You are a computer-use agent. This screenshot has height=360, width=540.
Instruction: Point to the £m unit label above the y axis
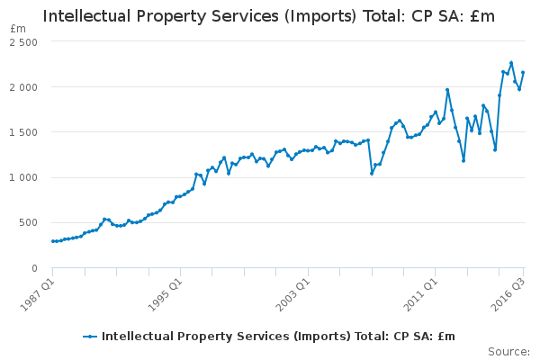click(x=18, y=29)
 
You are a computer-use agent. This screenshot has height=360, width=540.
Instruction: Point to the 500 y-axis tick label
click(x=28, y=222)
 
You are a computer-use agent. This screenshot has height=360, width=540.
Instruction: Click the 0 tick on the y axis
click(x=33, y=267)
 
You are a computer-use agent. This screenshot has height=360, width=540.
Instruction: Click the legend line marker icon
click(x=90, y=337)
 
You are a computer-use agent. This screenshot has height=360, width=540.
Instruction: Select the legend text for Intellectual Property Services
click(x=278, y=337)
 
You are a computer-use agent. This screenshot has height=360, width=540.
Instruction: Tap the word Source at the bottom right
click(x=508, y=351)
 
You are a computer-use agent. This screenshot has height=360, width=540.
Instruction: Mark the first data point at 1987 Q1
click(x=53, y=241)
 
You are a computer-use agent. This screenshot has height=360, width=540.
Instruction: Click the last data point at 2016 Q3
click(x=523, y=73)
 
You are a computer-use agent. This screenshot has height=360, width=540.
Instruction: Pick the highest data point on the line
click(x=511, y=63)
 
